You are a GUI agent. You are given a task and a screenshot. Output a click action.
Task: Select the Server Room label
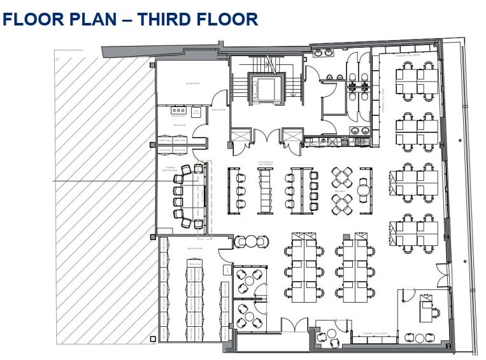pos(192,83)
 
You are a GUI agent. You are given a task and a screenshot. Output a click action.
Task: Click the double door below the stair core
pos(268,135)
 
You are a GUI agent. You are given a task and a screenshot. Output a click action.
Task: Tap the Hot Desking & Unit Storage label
pos(266,163)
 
